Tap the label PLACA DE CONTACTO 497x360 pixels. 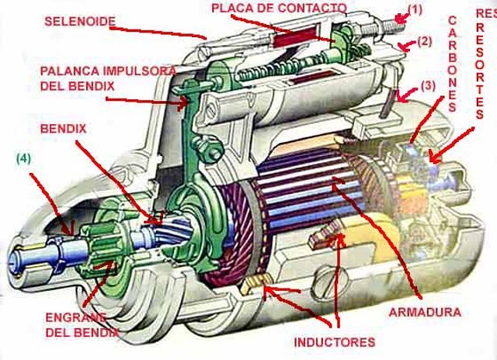coord(279,8)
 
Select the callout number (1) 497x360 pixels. coord(416,10)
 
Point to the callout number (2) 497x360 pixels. coord(425,42)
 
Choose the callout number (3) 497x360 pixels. coord(428,86)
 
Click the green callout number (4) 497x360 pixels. coord(24,160)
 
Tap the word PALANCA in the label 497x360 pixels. coord(68,71)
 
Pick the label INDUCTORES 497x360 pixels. coord(335,342)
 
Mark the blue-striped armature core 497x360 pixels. coord(311,202)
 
